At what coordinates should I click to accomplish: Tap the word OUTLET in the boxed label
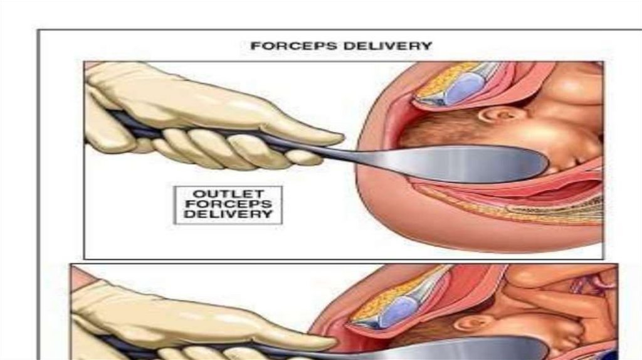point(228,193)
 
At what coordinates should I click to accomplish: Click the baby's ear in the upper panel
point(493,115)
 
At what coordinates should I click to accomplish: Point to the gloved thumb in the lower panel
point(307,342)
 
